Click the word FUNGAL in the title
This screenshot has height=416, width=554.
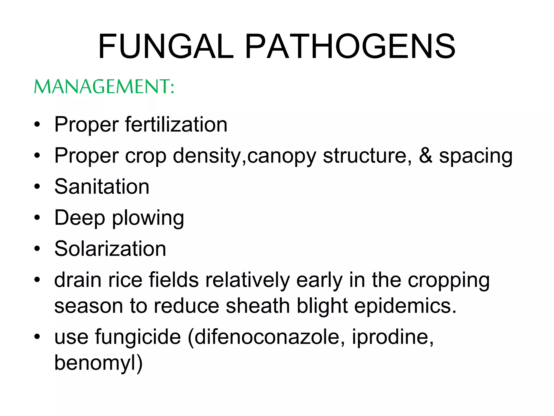click(166, 46)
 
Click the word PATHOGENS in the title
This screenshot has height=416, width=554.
click(350, 46)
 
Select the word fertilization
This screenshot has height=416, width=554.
click(176, 125)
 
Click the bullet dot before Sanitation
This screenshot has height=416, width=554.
click(37, 187)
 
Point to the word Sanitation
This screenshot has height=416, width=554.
click(102, 187)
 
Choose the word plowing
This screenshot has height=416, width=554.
click(148, 218)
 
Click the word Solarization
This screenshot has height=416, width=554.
click(110, 249)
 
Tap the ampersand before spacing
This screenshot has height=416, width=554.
click(426, 155)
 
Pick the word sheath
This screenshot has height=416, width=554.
click(258, 306)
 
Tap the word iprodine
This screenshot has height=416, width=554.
click(393, 337)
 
